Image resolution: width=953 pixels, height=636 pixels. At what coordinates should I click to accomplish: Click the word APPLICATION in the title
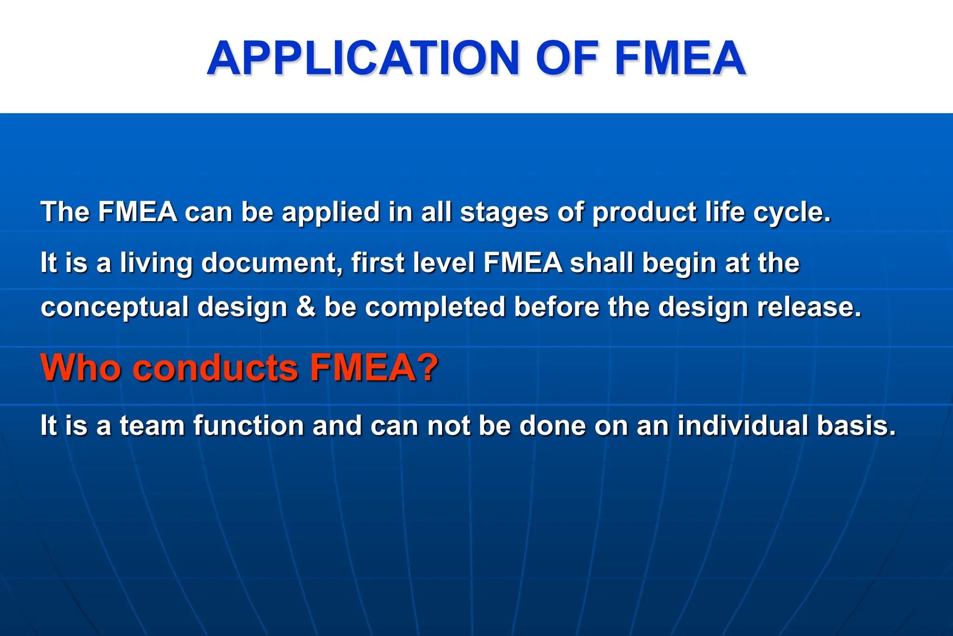click(363, 58)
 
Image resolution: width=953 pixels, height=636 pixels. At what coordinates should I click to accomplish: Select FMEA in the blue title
click(680, 58)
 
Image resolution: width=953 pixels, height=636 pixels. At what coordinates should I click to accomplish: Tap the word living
click(156, 263)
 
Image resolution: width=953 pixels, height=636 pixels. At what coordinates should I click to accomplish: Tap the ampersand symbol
click(305, 307)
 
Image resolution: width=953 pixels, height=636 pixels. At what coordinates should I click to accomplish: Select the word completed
click(435, 308)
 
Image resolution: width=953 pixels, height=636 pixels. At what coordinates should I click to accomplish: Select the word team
click(152, 426)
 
